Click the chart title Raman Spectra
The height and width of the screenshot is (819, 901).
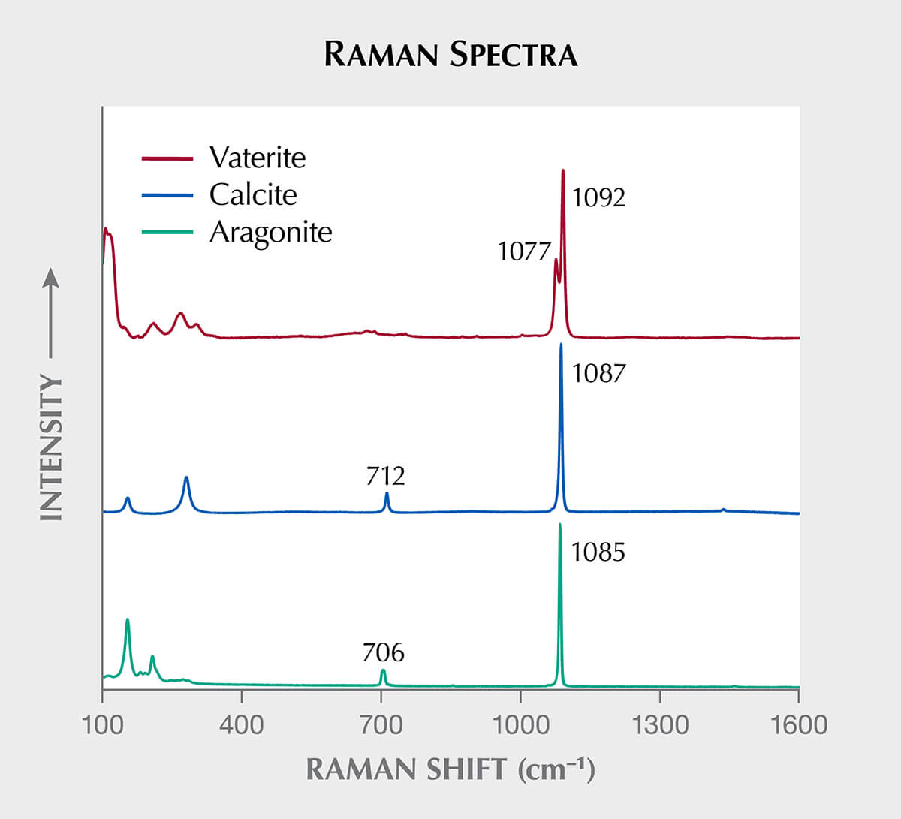[450, 54]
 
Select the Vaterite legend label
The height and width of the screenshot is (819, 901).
[258, 158]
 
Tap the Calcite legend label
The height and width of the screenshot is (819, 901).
[253, 195]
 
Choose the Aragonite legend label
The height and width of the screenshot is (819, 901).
[271, 233]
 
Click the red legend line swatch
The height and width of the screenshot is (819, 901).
[167, 158]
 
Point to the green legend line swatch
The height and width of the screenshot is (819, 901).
[167, 232]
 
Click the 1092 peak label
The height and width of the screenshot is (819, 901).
[598, 197]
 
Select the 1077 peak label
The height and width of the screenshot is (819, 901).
[524, 251]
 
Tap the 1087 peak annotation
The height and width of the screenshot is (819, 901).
[598, 373]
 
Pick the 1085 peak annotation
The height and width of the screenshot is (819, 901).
[598, 552]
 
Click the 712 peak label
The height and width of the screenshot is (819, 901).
[385, 476]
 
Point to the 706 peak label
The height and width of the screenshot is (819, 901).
[384, 652]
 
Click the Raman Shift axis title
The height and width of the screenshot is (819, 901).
[450, 770]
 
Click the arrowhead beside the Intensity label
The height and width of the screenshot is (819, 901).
[51, 277]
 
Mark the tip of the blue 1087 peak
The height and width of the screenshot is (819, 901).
[561, 344]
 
